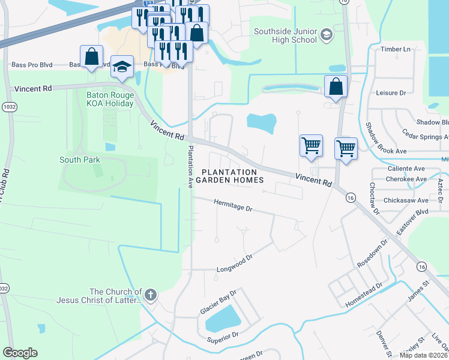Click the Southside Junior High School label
point(285,35)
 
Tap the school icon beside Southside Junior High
point(326,34)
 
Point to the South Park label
point(80,160)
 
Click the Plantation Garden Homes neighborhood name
point(233,176)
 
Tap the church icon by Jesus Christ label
point(151,295)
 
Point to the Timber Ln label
point(396,49)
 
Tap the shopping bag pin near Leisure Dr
point(336,86)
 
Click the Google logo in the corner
point(20,353)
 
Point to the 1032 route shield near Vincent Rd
point(9,106)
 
